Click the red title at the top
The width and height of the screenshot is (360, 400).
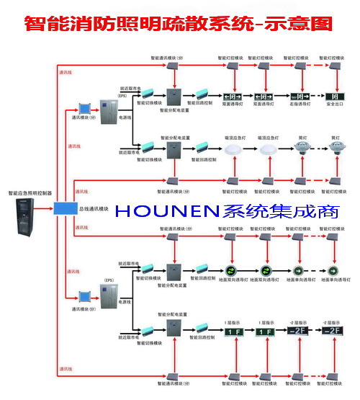tap(179, 23)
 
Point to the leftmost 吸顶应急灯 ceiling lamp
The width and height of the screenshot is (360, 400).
tap(232, 149)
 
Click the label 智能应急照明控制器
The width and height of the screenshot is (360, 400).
tap(30, 193)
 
